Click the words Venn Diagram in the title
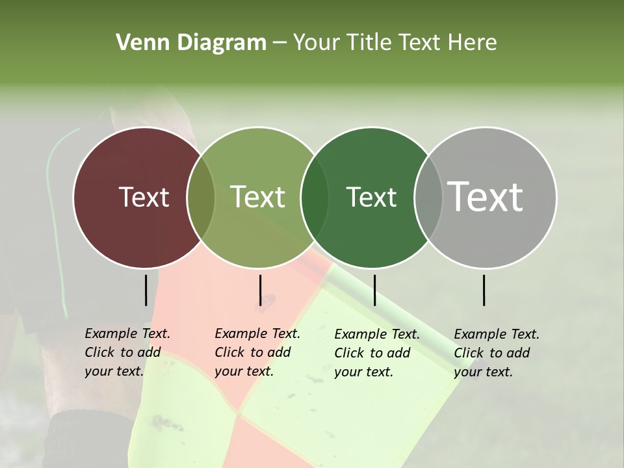[191, 43]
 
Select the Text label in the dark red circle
[144, 197]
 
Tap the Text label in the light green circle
[258, 197]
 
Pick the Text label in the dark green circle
[372, 197]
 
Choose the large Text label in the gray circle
[486, 197]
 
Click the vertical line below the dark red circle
[146, 290]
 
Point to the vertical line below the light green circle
[260, 290]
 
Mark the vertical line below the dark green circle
[374, 290]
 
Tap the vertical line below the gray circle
[484, 290]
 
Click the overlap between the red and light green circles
[201, 198]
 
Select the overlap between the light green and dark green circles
[315, 198]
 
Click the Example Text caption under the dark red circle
[127, 352]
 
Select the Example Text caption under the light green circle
[257, 352]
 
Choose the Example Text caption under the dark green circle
[377, 353]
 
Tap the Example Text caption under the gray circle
[497, 353]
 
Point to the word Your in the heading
[317, 43]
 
